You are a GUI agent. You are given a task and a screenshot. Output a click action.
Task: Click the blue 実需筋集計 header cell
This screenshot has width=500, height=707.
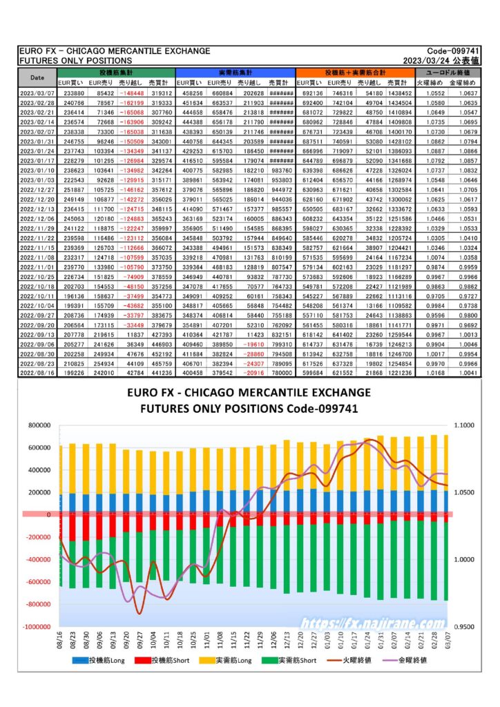click(235, 72)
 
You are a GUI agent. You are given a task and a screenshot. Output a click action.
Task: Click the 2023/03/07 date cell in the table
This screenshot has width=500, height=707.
click(38, 93)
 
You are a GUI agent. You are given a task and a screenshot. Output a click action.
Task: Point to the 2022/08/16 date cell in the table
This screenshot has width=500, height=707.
click(38, 371)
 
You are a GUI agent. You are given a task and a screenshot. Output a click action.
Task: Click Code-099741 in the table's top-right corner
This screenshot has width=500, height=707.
click(458, 51)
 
